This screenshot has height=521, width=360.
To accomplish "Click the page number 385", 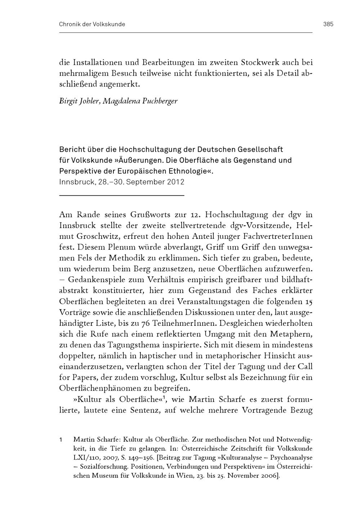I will [x=328, y=25].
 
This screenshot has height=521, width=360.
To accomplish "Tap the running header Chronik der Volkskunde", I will [x=92, y=25].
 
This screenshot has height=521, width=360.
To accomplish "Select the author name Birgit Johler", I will [x=79, y=101].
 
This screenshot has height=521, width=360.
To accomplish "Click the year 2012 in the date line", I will [x=176, y=182].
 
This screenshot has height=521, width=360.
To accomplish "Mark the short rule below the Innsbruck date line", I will [x=122, y=195].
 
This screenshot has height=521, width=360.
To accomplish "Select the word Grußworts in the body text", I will [x=148, y=215].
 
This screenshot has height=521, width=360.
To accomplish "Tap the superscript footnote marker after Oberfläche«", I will [x=163, y=398].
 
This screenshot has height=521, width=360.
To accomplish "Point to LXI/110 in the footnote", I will [x=84, y=458].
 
